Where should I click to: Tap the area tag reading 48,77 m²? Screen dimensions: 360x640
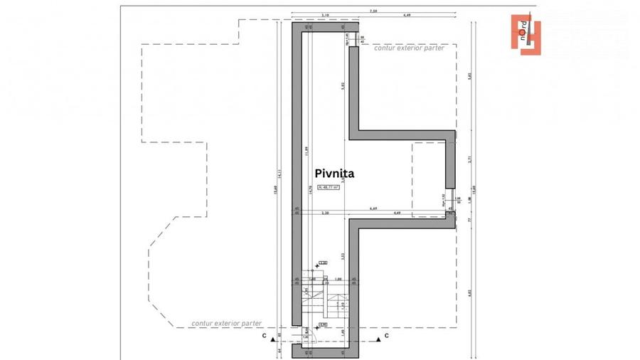(x=328, y=187)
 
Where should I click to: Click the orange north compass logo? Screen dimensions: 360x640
(x=526, y=32)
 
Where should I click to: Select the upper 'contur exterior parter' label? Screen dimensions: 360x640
(x=409, y=48)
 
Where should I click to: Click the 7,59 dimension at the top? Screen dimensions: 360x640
(x=373, y=10)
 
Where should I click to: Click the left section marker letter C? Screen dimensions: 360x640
(x=264, y=335)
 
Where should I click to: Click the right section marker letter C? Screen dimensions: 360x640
(x=387, y=335)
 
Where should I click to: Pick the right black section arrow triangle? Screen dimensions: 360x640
(x=378, y=340)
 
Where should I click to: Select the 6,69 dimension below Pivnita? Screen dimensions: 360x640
(x=373, y=208)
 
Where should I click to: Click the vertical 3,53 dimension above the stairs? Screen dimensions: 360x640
(x=343, y=255)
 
